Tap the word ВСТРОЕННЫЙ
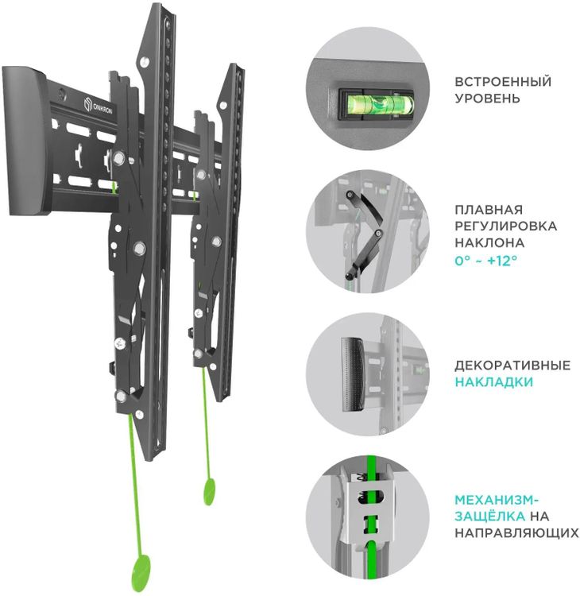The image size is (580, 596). click(x=503, y=82)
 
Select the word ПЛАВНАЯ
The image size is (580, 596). click(x=489, y=210)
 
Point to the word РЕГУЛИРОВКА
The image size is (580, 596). click(x=505, y=226)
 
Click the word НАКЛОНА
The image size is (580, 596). click(x=489, y=242)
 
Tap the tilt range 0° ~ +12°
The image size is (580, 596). click(x=485, y=261)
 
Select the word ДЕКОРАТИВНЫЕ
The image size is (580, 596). click(x=512, y=366)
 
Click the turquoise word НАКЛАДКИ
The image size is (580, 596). click(x=493, y=381)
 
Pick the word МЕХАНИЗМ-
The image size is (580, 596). click(x=497, y=500)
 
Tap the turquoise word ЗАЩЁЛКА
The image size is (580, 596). click(x=490, y=517)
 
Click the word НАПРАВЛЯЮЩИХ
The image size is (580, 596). click(x=516, y=532)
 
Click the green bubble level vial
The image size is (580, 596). click(x=379, y=105)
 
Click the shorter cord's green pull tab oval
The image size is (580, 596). click(x=210, y=491)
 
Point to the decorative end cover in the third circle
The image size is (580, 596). click(x=354, y=374)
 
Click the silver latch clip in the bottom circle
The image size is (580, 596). click(x=368, y=509)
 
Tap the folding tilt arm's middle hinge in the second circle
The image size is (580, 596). click(x=378, y=233)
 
